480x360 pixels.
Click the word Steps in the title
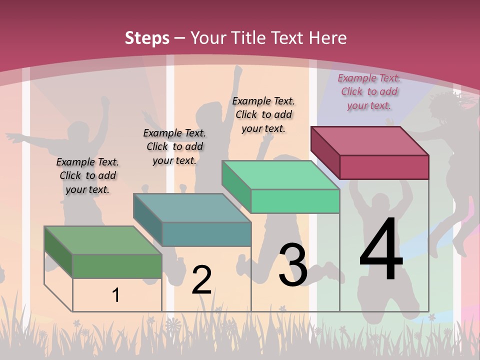click(x=147, y=38)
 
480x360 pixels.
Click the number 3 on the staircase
click(x=292, y=265)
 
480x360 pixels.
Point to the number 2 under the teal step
click(x=201, y=280)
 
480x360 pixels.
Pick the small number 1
click(x=115, y=295)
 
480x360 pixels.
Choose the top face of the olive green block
click(x=103, y=240)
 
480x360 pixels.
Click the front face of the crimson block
click(x=384, y=167)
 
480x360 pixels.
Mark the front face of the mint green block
click(x=295, y=201)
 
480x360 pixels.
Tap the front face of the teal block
click(x=206, y=234)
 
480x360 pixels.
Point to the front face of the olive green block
click(x=117, y=266)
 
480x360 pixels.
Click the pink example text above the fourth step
click(x=369, y=91)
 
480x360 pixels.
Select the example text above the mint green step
click(x=263, y=114)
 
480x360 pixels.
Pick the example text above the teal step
click(x=174, y=146)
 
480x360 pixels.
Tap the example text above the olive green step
click(x=87, y=175)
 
